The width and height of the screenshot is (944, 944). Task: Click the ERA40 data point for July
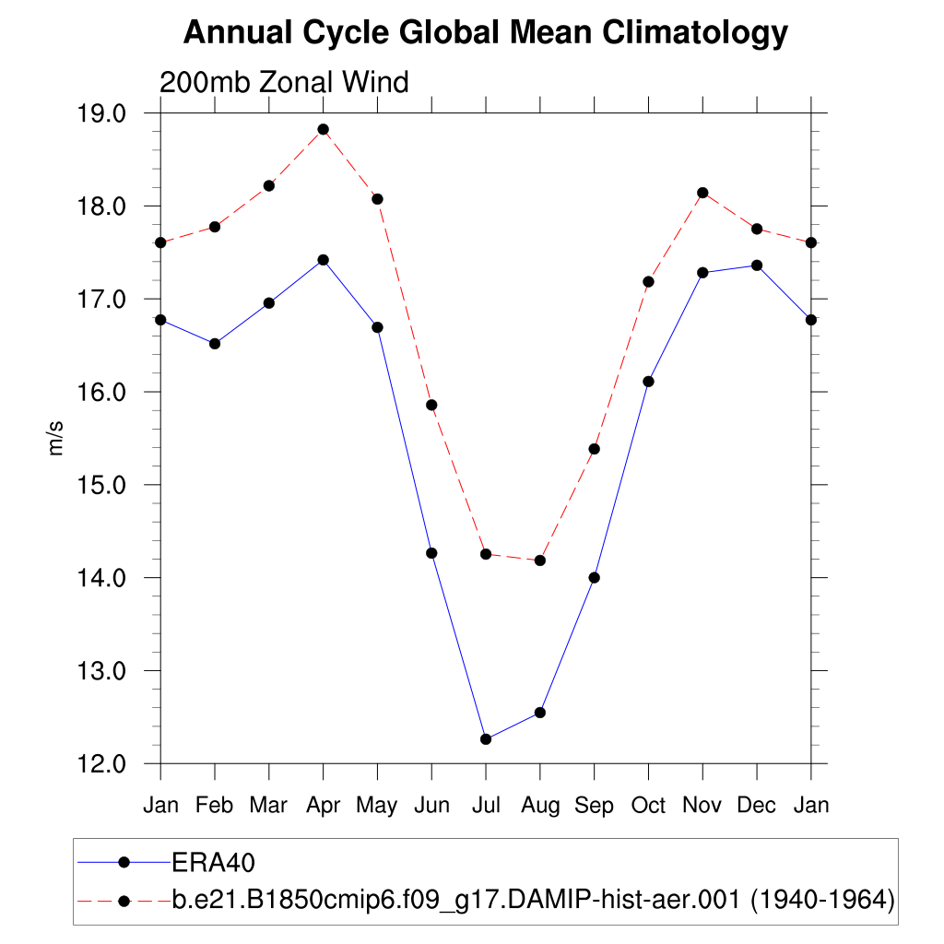[x=486, y=738]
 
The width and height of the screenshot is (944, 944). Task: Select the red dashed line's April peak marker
[x=323, y=129]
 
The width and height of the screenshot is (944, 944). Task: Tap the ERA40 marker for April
[x=323, y=260]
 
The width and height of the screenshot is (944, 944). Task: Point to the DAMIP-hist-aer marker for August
[x=540, y=560]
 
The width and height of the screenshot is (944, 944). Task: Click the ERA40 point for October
[x=648, y=382]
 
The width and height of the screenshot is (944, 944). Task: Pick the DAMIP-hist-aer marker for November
[x=702, y=193]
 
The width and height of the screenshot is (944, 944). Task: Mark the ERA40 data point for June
[x=431, y=553]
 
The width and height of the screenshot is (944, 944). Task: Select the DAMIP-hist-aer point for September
[x=594, y=449]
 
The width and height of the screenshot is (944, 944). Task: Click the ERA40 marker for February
[x=215, y=344]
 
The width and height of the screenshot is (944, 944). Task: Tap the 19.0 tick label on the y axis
[x=102, y=114]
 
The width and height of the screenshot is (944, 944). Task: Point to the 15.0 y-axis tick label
[x=102, y=486]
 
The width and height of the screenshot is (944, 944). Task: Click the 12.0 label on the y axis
[x=102, y=764]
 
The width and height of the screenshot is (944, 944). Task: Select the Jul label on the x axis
[x=486, y=805]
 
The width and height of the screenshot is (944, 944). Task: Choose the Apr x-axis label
[x=323, y=805]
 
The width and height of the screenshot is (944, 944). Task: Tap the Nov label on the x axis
[x=702, y=805]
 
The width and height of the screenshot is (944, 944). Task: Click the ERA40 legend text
[x=213, y=862]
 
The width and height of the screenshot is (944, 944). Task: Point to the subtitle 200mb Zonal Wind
[x=284, y=83]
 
